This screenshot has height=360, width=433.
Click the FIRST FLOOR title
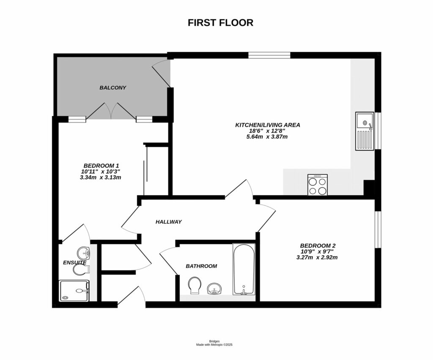[220, 23]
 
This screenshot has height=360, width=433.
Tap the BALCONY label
[113, 87]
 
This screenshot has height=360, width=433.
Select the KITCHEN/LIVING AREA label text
[268, 125]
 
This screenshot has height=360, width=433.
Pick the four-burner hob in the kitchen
[317, 185]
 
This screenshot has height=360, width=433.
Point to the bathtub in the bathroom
[244, 269]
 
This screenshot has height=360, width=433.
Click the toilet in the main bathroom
[195, 285]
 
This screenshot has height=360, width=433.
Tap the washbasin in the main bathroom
[214, 289]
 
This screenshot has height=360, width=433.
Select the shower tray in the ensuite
[74, 291]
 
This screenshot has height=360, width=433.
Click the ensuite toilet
[80, 269]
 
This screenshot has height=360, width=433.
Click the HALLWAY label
[168, 221]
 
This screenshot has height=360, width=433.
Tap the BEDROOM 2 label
[318, 245]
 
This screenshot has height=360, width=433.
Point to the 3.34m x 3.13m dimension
[101, 177]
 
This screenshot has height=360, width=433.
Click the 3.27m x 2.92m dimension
[317, 257]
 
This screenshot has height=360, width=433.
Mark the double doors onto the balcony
[112, 111]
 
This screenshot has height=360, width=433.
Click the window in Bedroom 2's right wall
[378, 229]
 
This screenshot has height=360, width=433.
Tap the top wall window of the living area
[269, 55]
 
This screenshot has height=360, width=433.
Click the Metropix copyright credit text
[214, 344]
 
